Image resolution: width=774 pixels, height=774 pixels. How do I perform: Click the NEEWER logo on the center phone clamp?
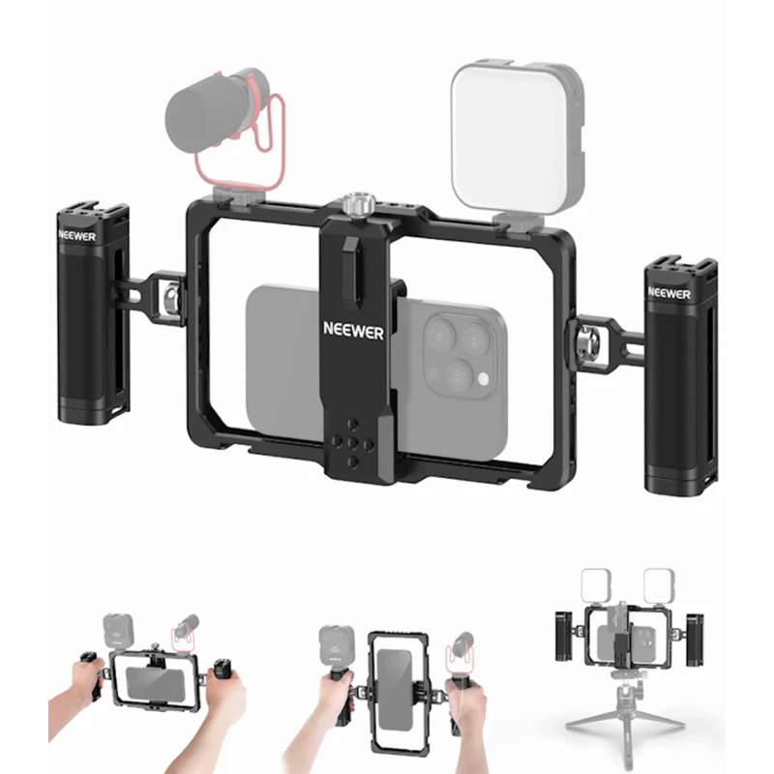tap(353, 330)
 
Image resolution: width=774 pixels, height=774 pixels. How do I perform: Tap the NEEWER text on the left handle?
tap(76, 236)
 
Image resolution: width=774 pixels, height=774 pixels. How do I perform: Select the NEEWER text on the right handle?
tap(669, 293)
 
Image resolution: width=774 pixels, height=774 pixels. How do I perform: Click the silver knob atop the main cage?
tap(359, 205)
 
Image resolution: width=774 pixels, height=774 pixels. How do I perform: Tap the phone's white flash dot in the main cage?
tap(483, 379)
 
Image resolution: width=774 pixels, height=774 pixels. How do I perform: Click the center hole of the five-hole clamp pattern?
tap(352, 443)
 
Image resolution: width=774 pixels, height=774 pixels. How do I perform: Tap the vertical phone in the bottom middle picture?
tap(394, 690)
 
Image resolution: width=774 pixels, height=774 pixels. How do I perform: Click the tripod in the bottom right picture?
tap(626, 718)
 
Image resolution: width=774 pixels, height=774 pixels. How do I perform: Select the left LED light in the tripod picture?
tap(596, 586)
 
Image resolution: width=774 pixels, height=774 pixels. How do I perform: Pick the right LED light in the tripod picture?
tap(659, 586)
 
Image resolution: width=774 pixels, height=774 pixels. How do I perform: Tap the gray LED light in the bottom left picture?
tap(118, 631)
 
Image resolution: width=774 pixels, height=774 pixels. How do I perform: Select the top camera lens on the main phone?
tap(439, 336)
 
